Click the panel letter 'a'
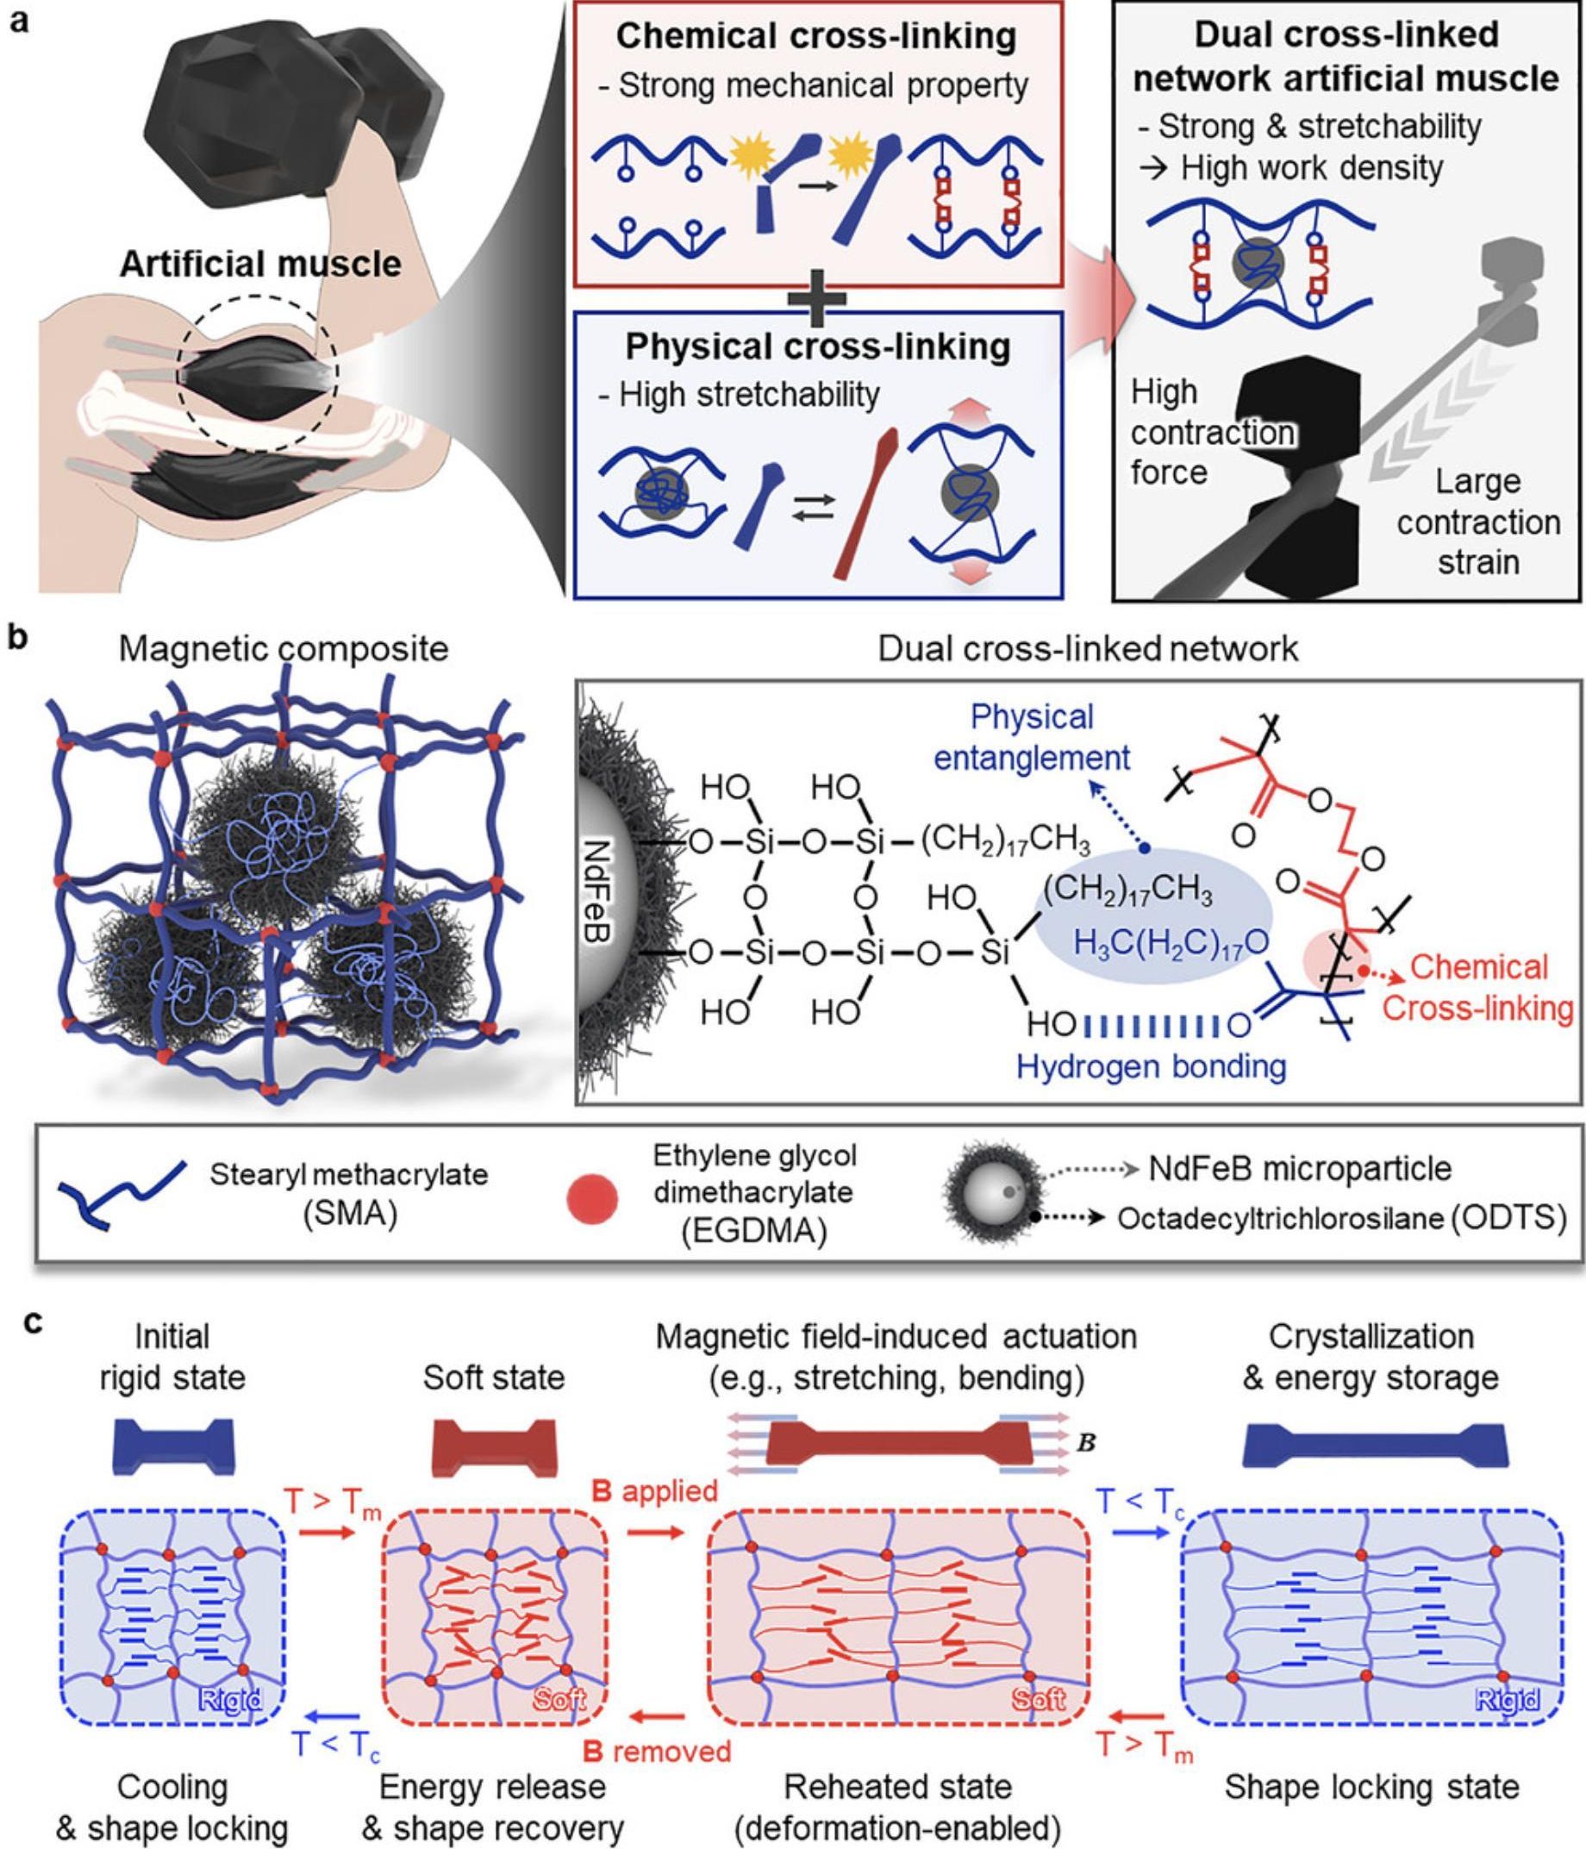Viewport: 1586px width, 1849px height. click(19, 19)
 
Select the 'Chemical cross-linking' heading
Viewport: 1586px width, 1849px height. click(815, 36)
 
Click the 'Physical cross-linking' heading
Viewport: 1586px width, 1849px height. click(817, 347)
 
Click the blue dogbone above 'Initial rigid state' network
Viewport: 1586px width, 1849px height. click(174, 1446)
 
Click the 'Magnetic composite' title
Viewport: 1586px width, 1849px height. click(284, 649)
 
